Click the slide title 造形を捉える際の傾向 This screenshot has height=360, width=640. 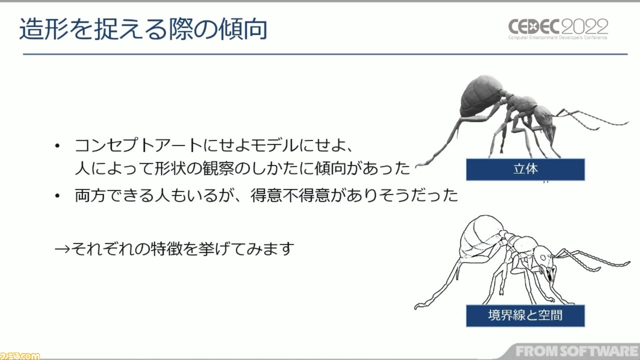[x=143, y=29]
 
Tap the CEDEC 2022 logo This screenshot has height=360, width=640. [x=558, y=29]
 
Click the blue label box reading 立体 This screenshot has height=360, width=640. [x=525, y=169]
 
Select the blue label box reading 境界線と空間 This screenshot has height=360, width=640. [x=525, y=315]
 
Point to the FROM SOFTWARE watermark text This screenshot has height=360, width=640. [x=577, y=351]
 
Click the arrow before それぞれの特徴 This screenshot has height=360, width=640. [x=62, y=249]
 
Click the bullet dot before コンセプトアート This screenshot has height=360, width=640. [x=57, y=146]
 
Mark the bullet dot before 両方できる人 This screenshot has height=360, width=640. [x=57, y=196]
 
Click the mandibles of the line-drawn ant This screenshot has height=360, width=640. [x=550, y=273]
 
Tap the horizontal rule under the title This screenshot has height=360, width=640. [x=325, y=54]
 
